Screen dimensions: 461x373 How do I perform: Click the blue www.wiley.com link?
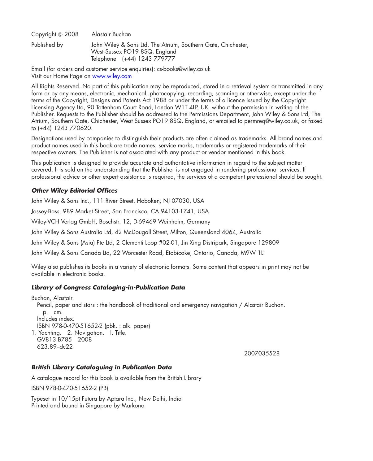tap(112, 76)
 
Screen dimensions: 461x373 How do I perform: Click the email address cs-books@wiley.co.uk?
tap(184, 69)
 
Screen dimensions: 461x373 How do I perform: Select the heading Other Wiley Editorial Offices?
tap(74, 191)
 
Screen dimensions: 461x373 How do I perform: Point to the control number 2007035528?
tap(262, 354)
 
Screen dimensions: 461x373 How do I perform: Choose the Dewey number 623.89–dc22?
tap(55, 347)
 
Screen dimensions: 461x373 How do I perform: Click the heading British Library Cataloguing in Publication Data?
tap(102, 367)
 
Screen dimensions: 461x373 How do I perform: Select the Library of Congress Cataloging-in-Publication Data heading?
tap(108, 288)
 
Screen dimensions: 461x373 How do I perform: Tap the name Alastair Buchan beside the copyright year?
tap(111, 34)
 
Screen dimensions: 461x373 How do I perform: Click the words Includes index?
tap(56, 319)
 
